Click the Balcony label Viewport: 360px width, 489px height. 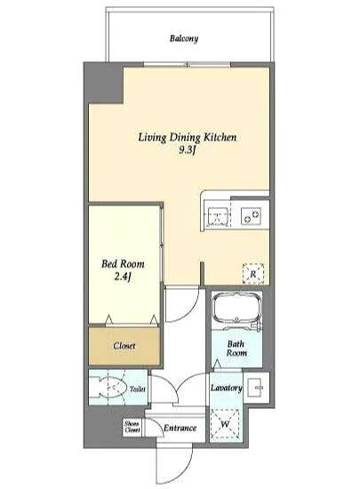184,38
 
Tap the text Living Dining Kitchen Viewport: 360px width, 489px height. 188,138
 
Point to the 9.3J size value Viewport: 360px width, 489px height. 187,150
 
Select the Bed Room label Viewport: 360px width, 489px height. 123,264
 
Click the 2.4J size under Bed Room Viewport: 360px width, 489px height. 123,277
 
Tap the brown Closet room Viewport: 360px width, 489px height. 124,346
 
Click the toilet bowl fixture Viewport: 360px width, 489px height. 108,387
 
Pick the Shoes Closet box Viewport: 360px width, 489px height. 132,428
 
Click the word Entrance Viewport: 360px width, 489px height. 180,428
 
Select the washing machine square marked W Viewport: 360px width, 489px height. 225,424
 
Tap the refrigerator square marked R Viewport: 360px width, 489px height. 253,274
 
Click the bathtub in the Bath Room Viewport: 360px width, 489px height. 236,309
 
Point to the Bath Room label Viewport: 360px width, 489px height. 236,349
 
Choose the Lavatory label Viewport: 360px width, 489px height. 227,388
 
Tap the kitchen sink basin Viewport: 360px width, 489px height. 218,215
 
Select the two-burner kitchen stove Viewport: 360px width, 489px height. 251,216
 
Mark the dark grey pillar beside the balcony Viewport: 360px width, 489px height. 104,83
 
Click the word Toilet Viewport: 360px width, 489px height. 138,389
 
